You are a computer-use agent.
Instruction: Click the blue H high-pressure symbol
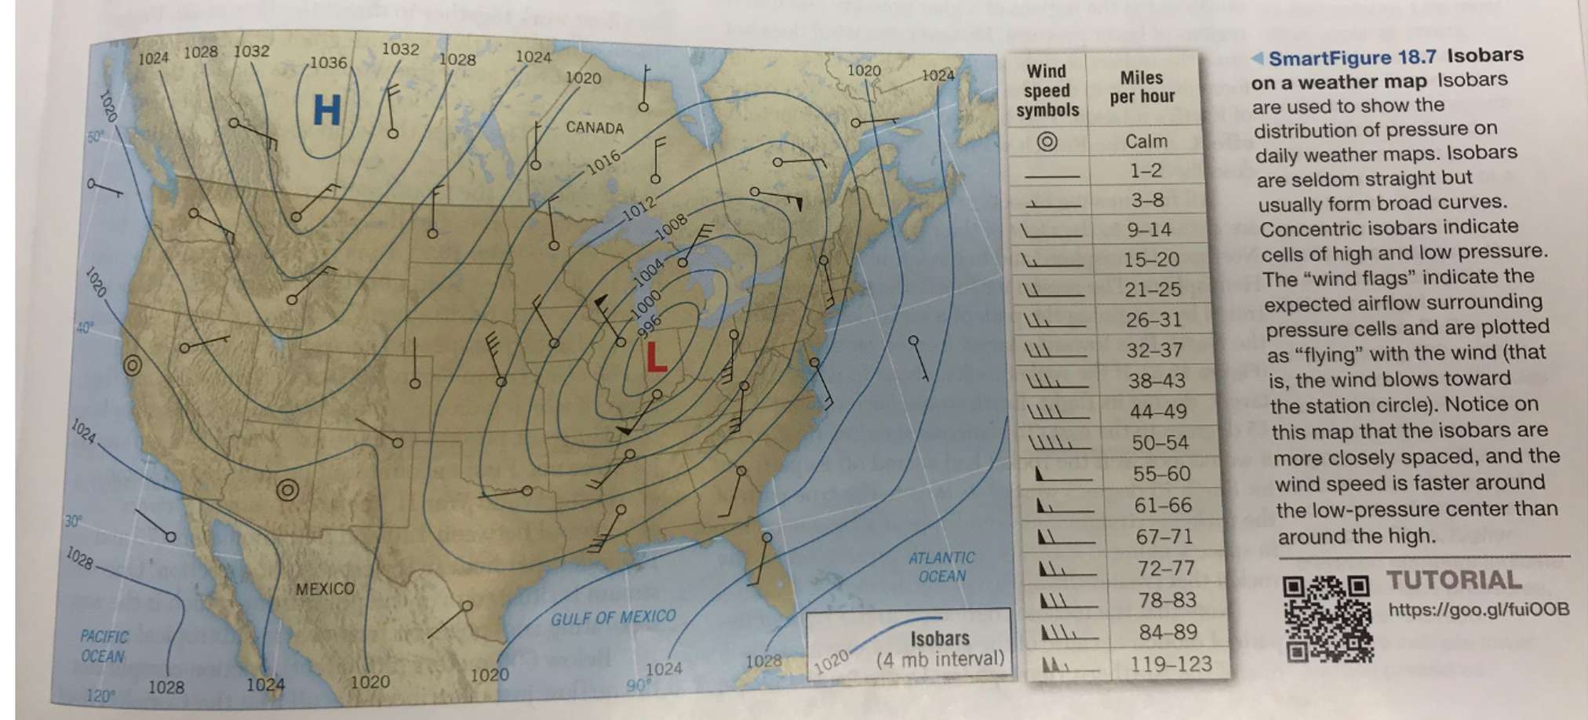point(326,110)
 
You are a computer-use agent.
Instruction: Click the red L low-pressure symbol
point(655,358)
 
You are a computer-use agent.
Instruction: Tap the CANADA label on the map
point(595,128)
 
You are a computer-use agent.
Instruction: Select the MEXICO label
point(325,588)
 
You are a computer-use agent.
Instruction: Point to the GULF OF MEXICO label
point(613,618)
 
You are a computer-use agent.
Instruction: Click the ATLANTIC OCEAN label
point(942,567)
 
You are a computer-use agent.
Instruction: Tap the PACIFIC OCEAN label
point(104,646)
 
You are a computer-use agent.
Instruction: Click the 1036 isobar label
point(327,63)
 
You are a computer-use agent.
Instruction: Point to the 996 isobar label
point(650,325)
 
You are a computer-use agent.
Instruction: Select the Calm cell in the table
point(1145,141)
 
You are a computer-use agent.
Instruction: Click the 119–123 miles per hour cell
point(1171,664)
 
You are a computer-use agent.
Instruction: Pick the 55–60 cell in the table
point(1161,474)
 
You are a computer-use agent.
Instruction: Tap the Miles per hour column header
point(1142,87)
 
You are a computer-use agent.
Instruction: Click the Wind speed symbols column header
point(1047,91)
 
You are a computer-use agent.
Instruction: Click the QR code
point(1328,618)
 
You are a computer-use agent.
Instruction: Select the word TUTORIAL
point(1454,580)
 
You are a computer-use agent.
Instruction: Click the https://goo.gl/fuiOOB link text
point(1479,609)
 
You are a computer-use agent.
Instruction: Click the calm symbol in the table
point(1047,141)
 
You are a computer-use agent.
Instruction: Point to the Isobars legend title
point(939,638)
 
